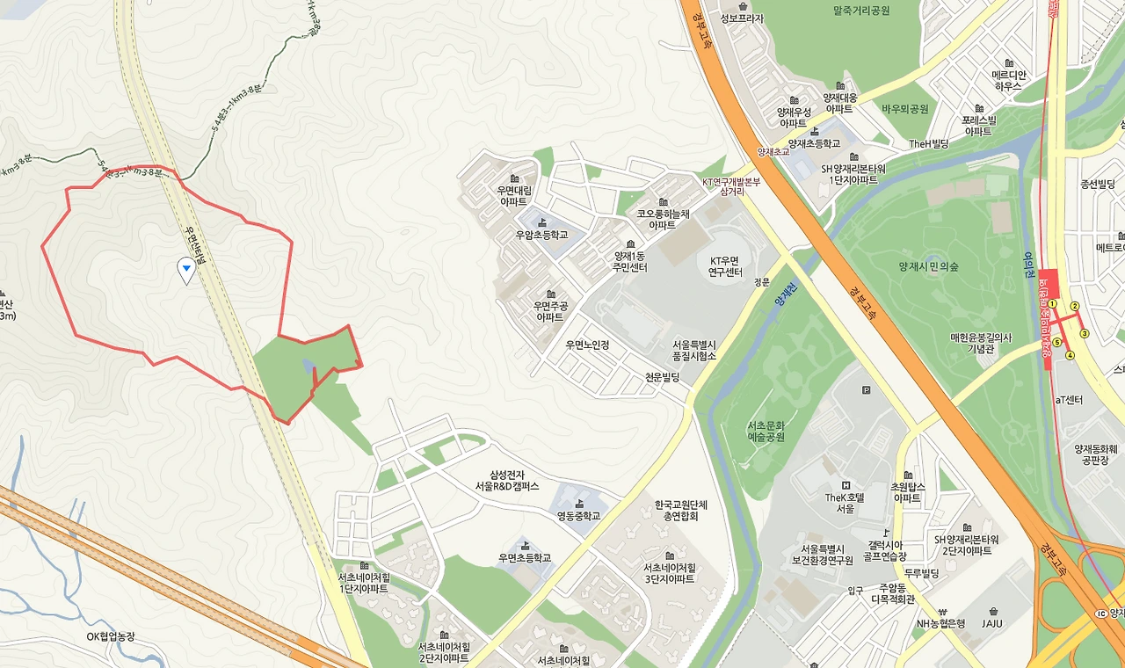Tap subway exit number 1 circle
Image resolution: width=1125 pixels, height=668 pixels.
[1051, 304]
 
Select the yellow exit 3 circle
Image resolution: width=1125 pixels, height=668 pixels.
[1085, 333]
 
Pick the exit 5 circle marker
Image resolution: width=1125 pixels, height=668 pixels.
[1056, 343]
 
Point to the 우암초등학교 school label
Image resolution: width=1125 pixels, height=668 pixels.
[541, 235]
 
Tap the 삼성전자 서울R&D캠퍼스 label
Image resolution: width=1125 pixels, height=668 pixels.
[507, 481]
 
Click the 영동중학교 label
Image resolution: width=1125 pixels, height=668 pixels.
[578, 516]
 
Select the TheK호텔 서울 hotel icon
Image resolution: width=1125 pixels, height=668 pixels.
[846, 485]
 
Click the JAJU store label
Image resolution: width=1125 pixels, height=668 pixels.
[992, 624]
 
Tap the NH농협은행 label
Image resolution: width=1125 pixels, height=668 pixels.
[940, 624]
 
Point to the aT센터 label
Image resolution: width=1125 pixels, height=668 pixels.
[1069, 400]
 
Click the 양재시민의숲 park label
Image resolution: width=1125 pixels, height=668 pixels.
[928, 266]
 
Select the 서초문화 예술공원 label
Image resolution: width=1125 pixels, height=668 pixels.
[766, 431]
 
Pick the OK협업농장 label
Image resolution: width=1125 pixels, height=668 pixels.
[111, 636]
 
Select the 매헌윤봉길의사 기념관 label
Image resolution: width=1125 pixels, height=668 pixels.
[981, 343]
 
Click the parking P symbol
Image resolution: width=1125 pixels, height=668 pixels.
[867, 390]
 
